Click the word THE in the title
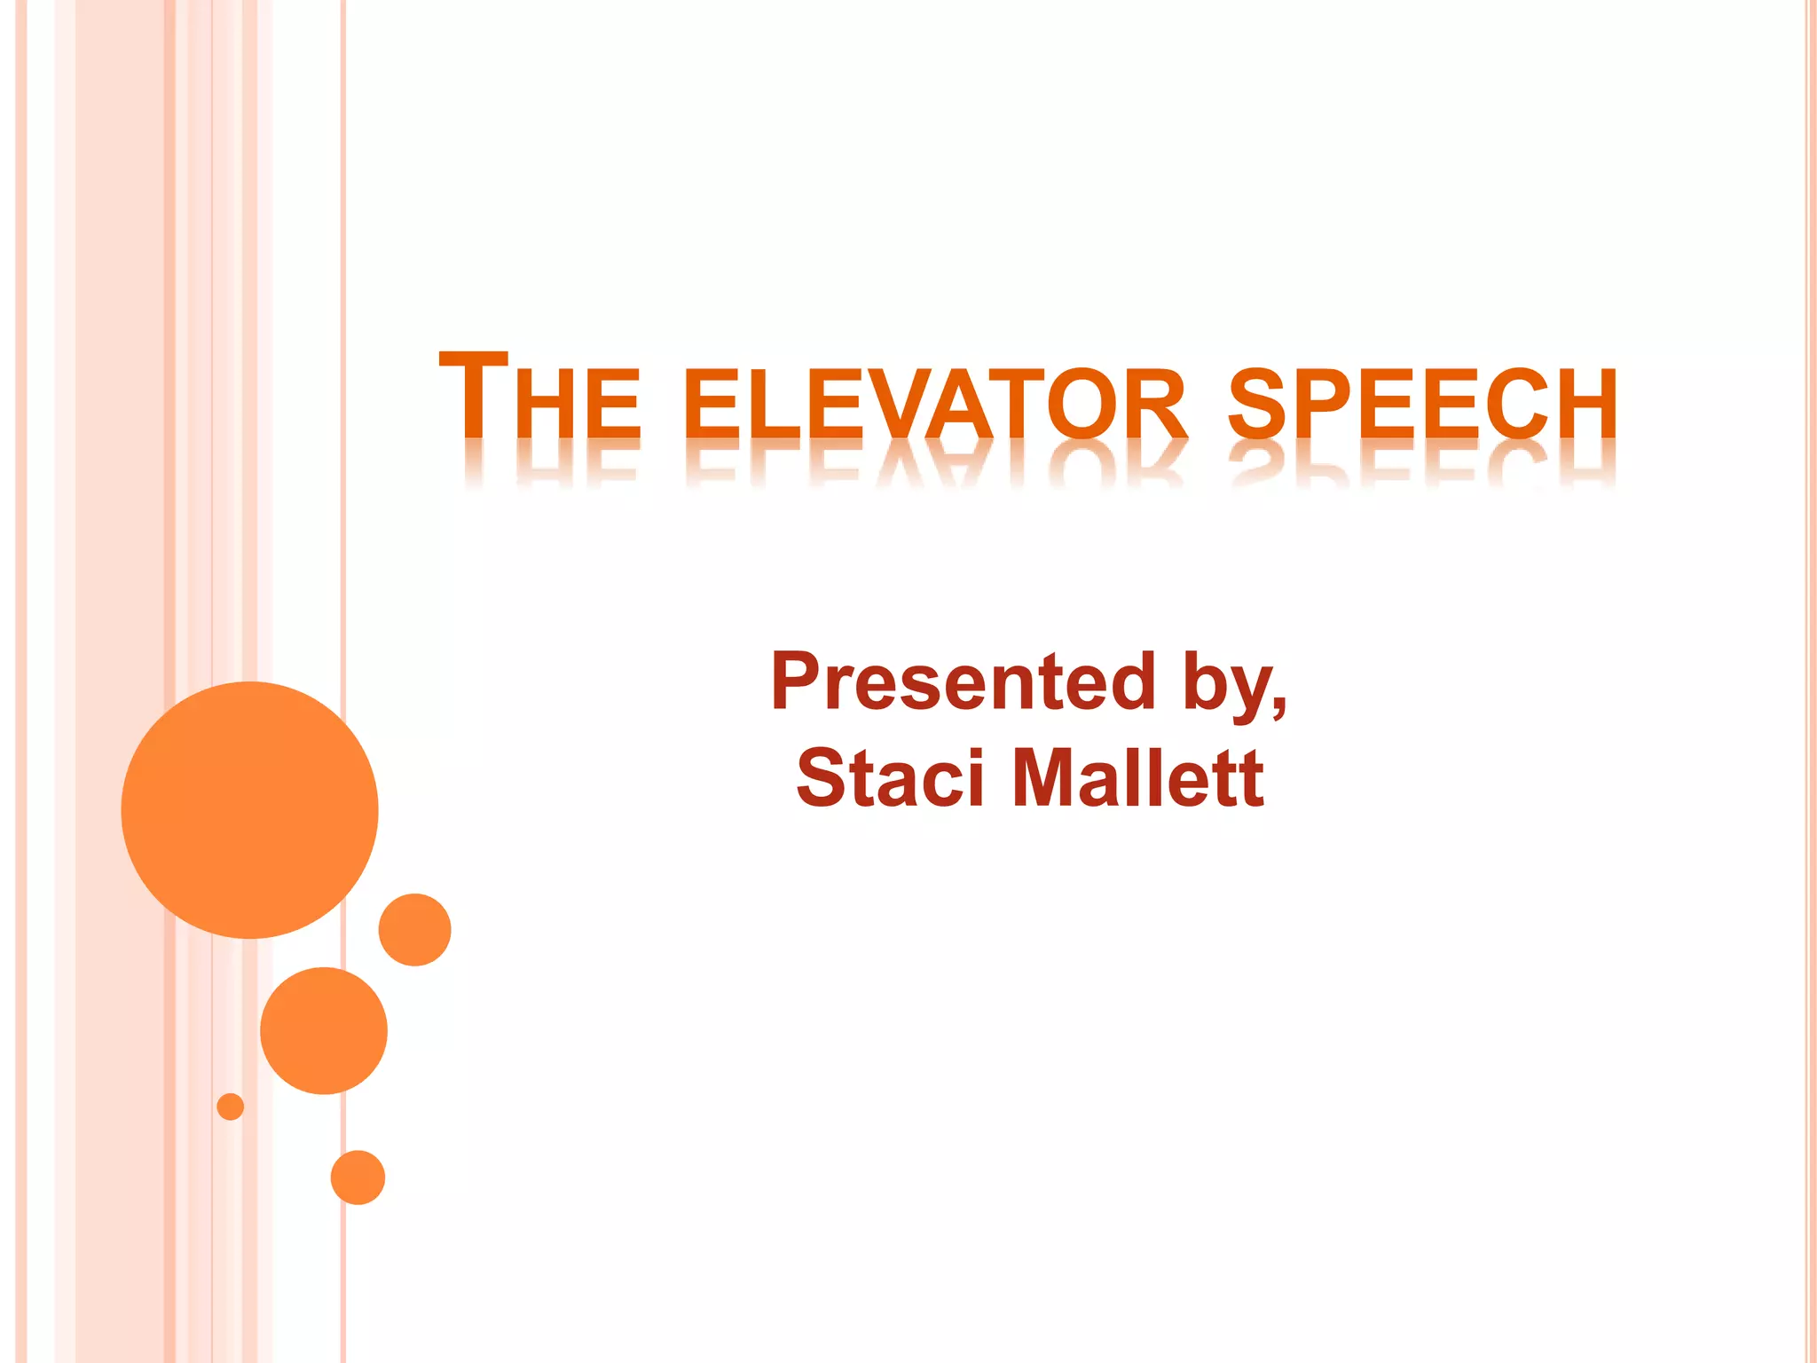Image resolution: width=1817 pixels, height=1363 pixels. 539,398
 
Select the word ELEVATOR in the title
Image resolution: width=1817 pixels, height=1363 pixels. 936,405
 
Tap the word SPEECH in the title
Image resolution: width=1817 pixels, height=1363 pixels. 1422,405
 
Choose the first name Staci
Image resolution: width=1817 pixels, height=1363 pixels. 890,777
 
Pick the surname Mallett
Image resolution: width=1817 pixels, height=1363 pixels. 1137,777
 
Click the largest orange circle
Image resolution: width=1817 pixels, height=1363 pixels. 250,809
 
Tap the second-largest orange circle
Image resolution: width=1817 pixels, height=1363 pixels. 324,1030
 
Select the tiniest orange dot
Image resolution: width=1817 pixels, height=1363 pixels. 231,1107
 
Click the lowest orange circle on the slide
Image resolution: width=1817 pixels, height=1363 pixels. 358,1178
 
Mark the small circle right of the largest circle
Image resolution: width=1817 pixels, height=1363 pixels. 415,929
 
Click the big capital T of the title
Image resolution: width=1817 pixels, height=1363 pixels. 474,395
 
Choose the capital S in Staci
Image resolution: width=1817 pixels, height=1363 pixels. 820,777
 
